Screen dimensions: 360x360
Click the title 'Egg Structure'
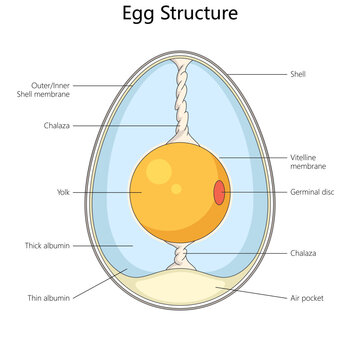[180, 15]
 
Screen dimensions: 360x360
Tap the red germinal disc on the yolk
[218, 192]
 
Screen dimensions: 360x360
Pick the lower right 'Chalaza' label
[302, 253]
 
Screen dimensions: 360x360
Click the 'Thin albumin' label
[47, 297]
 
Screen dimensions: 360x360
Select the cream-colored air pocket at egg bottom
[180, 295]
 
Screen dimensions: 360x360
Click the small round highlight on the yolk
[176, 188]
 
